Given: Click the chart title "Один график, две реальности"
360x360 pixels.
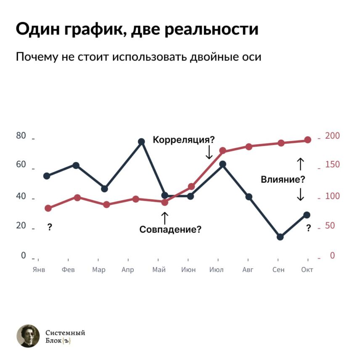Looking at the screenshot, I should tap(137, 29).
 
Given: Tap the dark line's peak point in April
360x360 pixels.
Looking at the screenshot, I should tap(141, 142).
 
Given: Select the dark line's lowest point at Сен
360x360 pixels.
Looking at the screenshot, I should tap(280, 237).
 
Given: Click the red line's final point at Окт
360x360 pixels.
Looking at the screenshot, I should tap(307, 140).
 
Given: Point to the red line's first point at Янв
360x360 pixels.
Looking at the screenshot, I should tap(48, 208).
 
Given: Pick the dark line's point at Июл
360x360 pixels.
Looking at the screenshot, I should tap(222, 164).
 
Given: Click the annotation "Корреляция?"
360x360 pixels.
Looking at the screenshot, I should tap(183, 140).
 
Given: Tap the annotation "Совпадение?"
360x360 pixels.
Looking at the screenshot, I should tap(170, 230).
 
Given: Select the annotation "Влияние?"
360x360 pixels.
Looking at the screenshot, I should tap(283, 180).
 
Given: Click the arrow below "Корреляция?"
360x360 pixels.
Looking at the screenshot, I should tap(209, 152).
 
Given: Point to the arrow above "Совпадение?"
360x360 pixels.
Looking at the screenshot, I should tap(164, 217).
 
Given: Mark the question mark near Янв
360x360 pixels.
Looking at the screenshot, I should tap(50, 228).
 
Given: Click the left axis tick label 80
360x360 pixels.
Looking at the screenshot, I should tap(21, 136).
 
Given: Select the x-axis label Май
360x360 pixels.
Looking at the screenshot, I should tap(159, 270).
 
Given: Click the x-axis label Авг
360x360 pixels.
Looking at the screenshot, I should tap(248, 270).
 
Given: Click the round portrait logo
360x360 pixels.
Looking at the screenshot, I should tap(28, 336).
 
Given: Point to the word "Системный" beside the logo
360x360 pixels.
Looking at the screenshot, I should tap(65, 333).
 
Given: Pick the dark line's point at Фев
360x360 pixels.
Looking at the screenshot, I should tap(76, 165).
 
